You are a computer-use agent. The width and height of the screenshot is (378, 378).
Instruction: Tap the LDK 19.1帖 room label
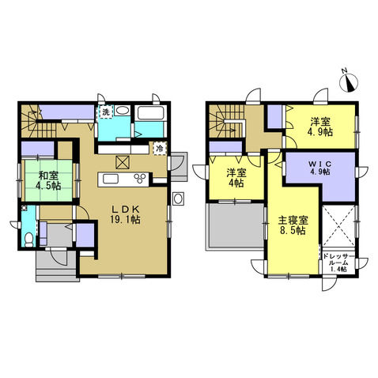(x=125, y=214)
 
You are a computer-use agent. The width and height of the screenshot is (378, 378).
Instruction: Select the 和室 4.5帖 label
(x=48, y=180)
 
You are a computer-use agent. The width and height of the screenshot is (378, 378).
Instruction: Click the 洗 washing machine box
(x=105, y=112)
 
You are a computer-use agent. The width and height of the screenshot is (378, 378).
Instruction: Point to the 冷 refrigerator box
(x=160, y=149)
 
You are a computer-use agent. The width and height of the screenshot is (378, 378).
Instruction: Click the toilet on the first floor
(x=28, y=240)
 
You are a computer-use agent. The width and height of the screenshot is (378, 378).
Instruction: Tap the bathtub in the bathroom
(x=150, y=113)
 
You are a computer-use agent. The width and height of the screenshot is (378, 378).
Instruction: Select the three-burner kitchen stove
(x=141, y=179)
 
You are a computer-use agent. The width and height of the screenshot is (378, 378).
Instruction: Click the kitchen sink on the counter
(x=111, y=180)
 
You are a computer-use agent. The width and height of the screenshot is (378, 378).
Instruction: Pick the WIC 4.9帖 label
(x=319, y=168)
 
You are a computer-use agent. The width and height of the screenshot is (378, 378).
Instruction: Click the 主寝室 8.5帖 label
(x=293, y=225)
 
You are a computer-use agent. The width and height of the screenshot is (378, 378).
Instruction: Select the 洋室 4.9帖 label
(x=320, y=127)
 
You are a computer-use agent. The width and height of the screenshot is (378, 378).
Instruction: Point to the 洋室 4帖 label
(x=236, y=178)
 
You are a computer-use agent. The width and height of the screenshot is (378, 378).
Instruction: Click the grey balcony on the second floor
(x=236, y=225)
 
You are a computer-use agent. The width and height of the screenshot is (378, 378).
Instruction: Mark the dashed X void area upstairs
(x=338, y=225)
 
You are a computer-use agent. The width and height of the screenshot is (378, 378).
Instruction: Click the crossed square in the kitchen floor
(x=123, y=162)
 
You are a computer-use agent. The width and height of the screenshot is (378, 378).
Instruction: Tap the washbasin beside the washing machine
(x=121, y=111)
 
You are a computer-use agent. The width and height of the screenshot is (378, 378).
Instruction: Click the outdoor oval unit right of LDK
(x=178, y=198)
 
